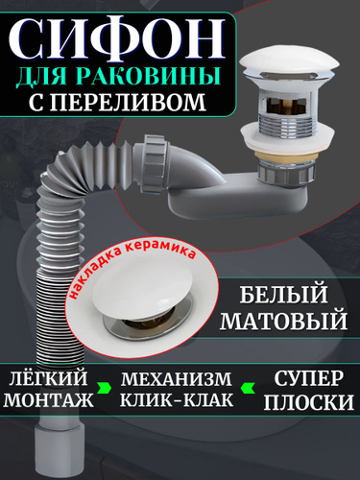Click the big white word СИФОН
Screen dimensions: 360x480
click(116, 38)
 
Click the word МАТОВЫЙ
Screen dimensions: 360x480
click(283, 321)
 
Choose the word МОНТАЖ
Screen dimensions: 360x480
click(48, 399)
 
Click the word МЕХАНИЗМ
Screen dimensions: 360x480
click(177, 379)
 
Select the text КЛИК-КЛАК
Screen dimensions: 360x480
click(177, 399)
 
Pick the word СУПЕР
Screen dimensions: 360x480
click(308, 379)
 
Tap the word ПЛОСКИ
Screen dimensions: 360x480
click(308, 401)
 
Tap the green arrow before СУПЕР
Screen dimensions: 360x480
click(249, 388)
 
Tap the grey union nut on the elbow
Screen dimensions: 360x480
click(156, 164)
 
